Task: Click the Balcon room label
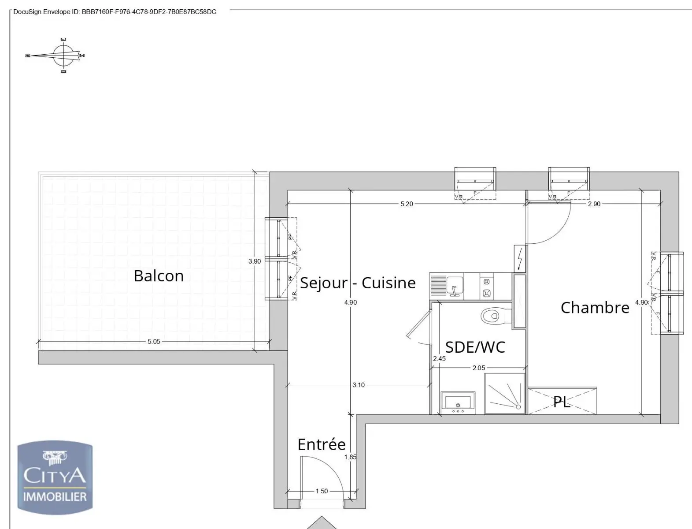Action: pos(159,276)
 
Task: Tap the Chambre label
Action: pos(595,308)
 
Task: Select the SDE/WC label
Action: pos(475,347)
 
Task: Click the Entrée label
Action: pos(322,444)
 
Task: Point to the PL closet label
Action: pos(562,402)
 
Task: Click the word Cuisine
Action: pos(389,283)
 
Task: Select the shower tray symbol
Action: pos(505,394)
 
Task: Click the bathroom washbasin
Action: pos(458,403)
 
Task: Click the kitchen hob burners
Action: pos(487,287)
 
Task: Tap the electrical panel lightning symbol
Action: pos(520,258)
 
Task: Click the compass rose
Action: pos(64,56)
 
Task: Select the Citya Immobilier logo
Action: pos(55,478)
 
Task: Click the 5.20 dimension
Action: pos(406,204)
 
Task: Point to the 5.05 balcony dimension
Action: pos(154,342)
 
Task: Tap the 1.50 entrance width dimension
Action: pos(322,491)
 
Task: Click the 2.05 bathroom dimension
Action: pos(478,368)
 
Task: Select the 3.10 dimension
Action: pos(359,385)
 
